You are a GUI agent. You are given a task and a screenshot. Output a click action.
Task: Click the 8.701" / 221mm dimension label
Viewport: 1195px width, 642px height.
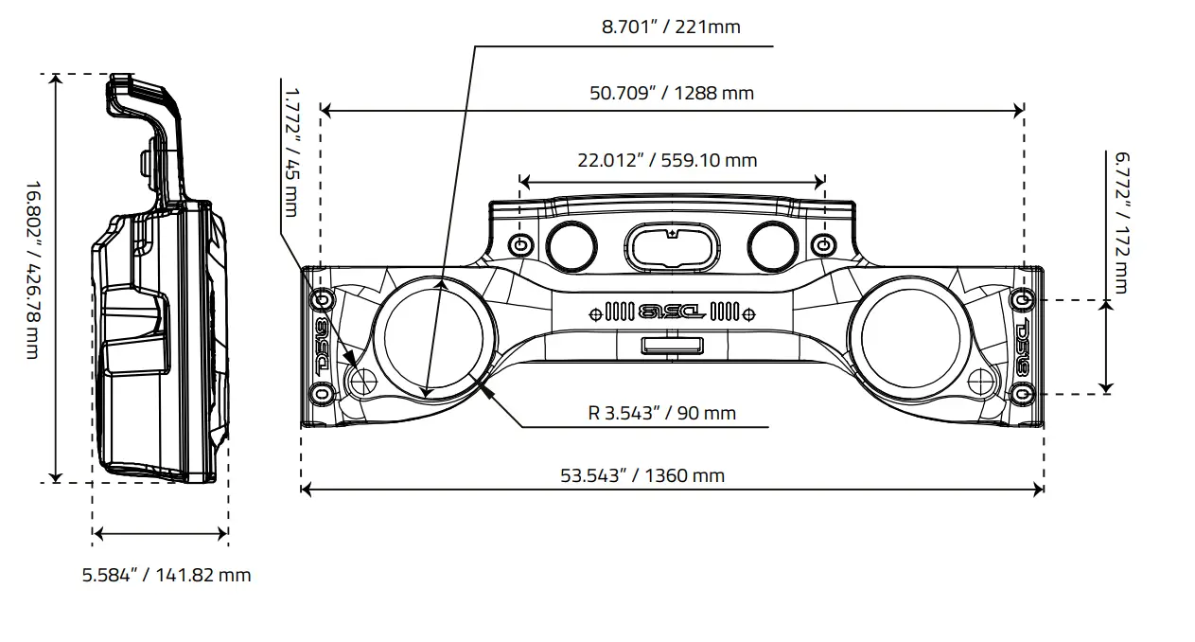point(671,27)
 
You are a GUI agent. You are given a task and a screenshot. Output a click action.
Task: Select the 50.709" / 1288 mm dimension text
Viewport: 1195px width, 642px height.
point(671,93)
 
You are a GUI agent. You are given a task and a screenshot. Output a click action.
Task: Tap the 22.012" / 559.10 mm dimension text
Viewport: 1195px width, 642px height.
point(667,160)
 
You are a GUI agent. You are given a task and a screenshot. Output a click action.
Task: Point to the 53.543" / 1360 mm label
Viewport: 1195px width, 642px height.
point(642,475)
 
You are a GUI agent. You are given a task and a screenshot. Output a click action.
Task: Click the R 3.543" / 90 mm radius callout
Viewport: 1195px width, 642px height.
point(661,413)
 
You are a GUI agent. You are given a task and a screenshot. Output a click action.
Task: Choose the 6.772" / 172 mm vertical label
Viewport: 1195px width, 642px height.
point(1121,222)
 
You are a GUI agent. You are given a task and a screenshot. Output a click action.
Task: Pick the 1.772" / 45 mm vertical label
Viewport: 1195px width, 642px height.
point(290,152)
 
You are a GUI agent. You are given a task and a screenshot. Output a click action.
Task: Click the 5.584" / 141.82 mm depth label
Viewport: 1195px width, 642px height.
point(167,575)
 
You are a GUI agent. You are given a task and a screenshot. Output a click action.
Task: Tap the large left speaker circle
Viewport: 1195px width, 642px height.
point(434,339)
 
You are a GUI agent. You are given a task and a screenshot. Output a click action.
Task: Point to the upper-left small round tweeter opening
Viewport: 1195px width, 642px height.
point(571,245)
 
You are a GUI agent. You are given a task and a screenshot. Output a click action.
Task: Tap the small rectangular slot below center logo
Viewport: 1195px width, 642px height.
point(671,346)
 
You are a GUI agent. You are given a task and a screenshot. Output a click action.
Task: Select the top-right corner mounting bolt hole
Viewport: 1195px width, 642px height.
point(1021,300)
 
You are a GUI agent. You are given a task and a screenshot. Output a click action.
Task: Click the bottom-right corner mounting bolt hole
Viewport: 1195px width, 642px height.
point(1020,391)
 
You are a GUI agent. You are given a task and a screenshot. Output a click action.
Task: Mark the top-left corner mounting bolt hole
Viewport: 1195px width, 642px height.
point(322,300)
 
